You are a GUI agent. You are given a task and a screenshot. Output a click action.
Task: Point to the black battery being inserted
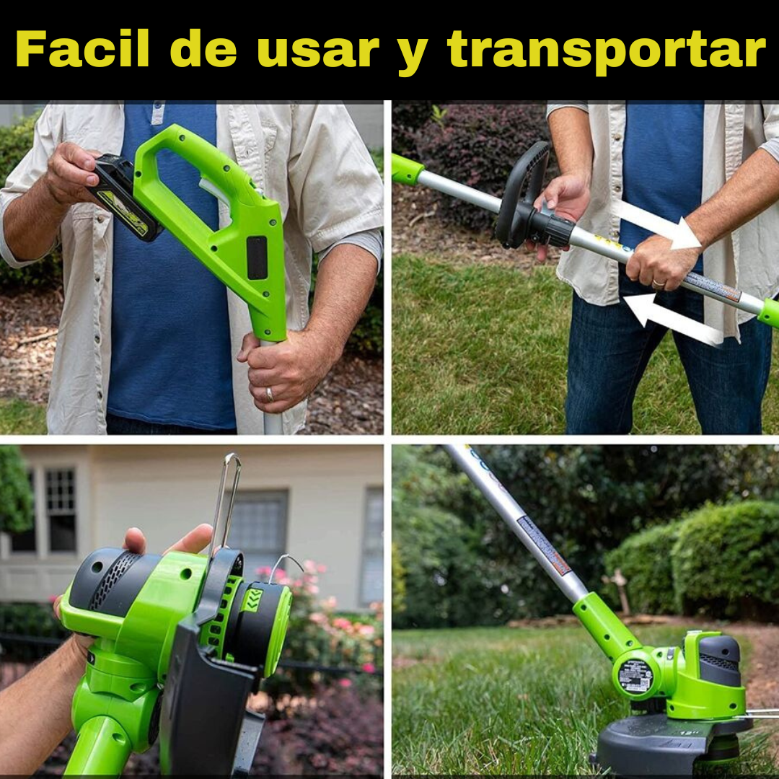(x=123, y=196)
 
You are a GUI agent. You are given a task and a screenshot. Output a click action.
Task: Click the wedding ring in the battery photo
(x=269, y=395)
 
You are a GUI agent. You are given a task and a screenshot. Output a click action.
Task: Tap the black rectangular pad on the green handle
(x=257, y=258)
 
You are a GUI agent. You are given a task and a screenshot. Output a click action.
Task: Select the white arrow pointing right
(x=658, y=224)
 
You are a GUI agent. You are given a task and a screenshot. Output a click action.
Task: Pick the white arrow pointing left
(x=671, y=319)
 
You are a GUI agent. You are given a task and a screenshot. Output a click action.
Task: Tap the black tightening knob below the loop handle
(x=553, y=229)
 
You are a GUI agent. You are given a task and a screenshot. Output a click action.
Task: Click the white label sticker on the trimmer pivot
(x=635, y=676)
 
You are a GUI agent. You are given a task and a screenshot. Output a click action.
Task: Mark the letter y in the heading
(x=412, y=55)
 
